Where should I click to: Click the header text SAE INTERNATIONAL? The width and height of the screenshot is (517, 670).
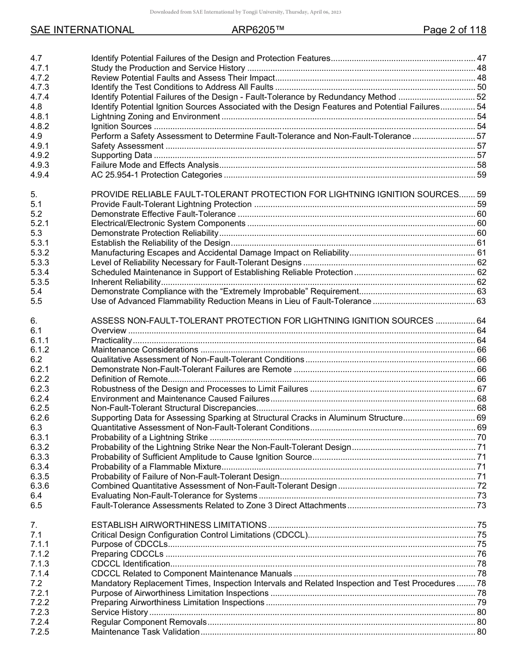tap(82, 30)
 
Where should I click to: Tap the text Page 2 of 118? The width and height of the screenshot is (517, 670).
tap(454, 30)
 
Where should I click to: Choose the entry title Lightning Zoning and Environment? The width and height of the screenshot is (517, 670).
tap(155, 117)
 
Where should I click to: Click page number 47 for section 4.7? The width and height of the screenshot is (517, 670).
tap(481, 58)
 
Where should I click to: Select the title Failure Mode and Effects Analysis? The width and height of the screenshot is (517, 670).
tap(155, 165)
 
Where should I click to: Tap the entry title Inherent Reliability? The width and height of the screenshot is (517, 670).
tap(126, 282)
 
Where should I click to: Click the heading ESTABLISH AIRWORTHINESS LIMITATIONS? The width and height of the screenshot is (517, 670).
tap(179, 525)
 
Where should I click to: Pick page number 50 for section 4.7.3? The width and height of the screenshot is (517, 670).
tap(481, 87)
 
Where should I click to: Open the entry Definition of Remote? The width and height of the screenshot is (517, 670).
tap(129, 379)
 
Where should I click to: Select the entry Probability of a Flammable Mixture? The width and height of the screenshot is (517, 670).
tap(156, 466)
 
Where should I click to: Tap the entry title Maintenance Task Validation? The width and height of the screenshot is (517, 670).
tap(145, 632)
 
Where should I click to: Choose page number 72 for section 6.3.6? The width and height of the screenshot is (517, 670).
tap(481, 486)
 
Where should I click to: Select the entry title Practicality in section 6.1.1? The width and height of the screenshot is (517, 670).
tap(112, 340)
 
